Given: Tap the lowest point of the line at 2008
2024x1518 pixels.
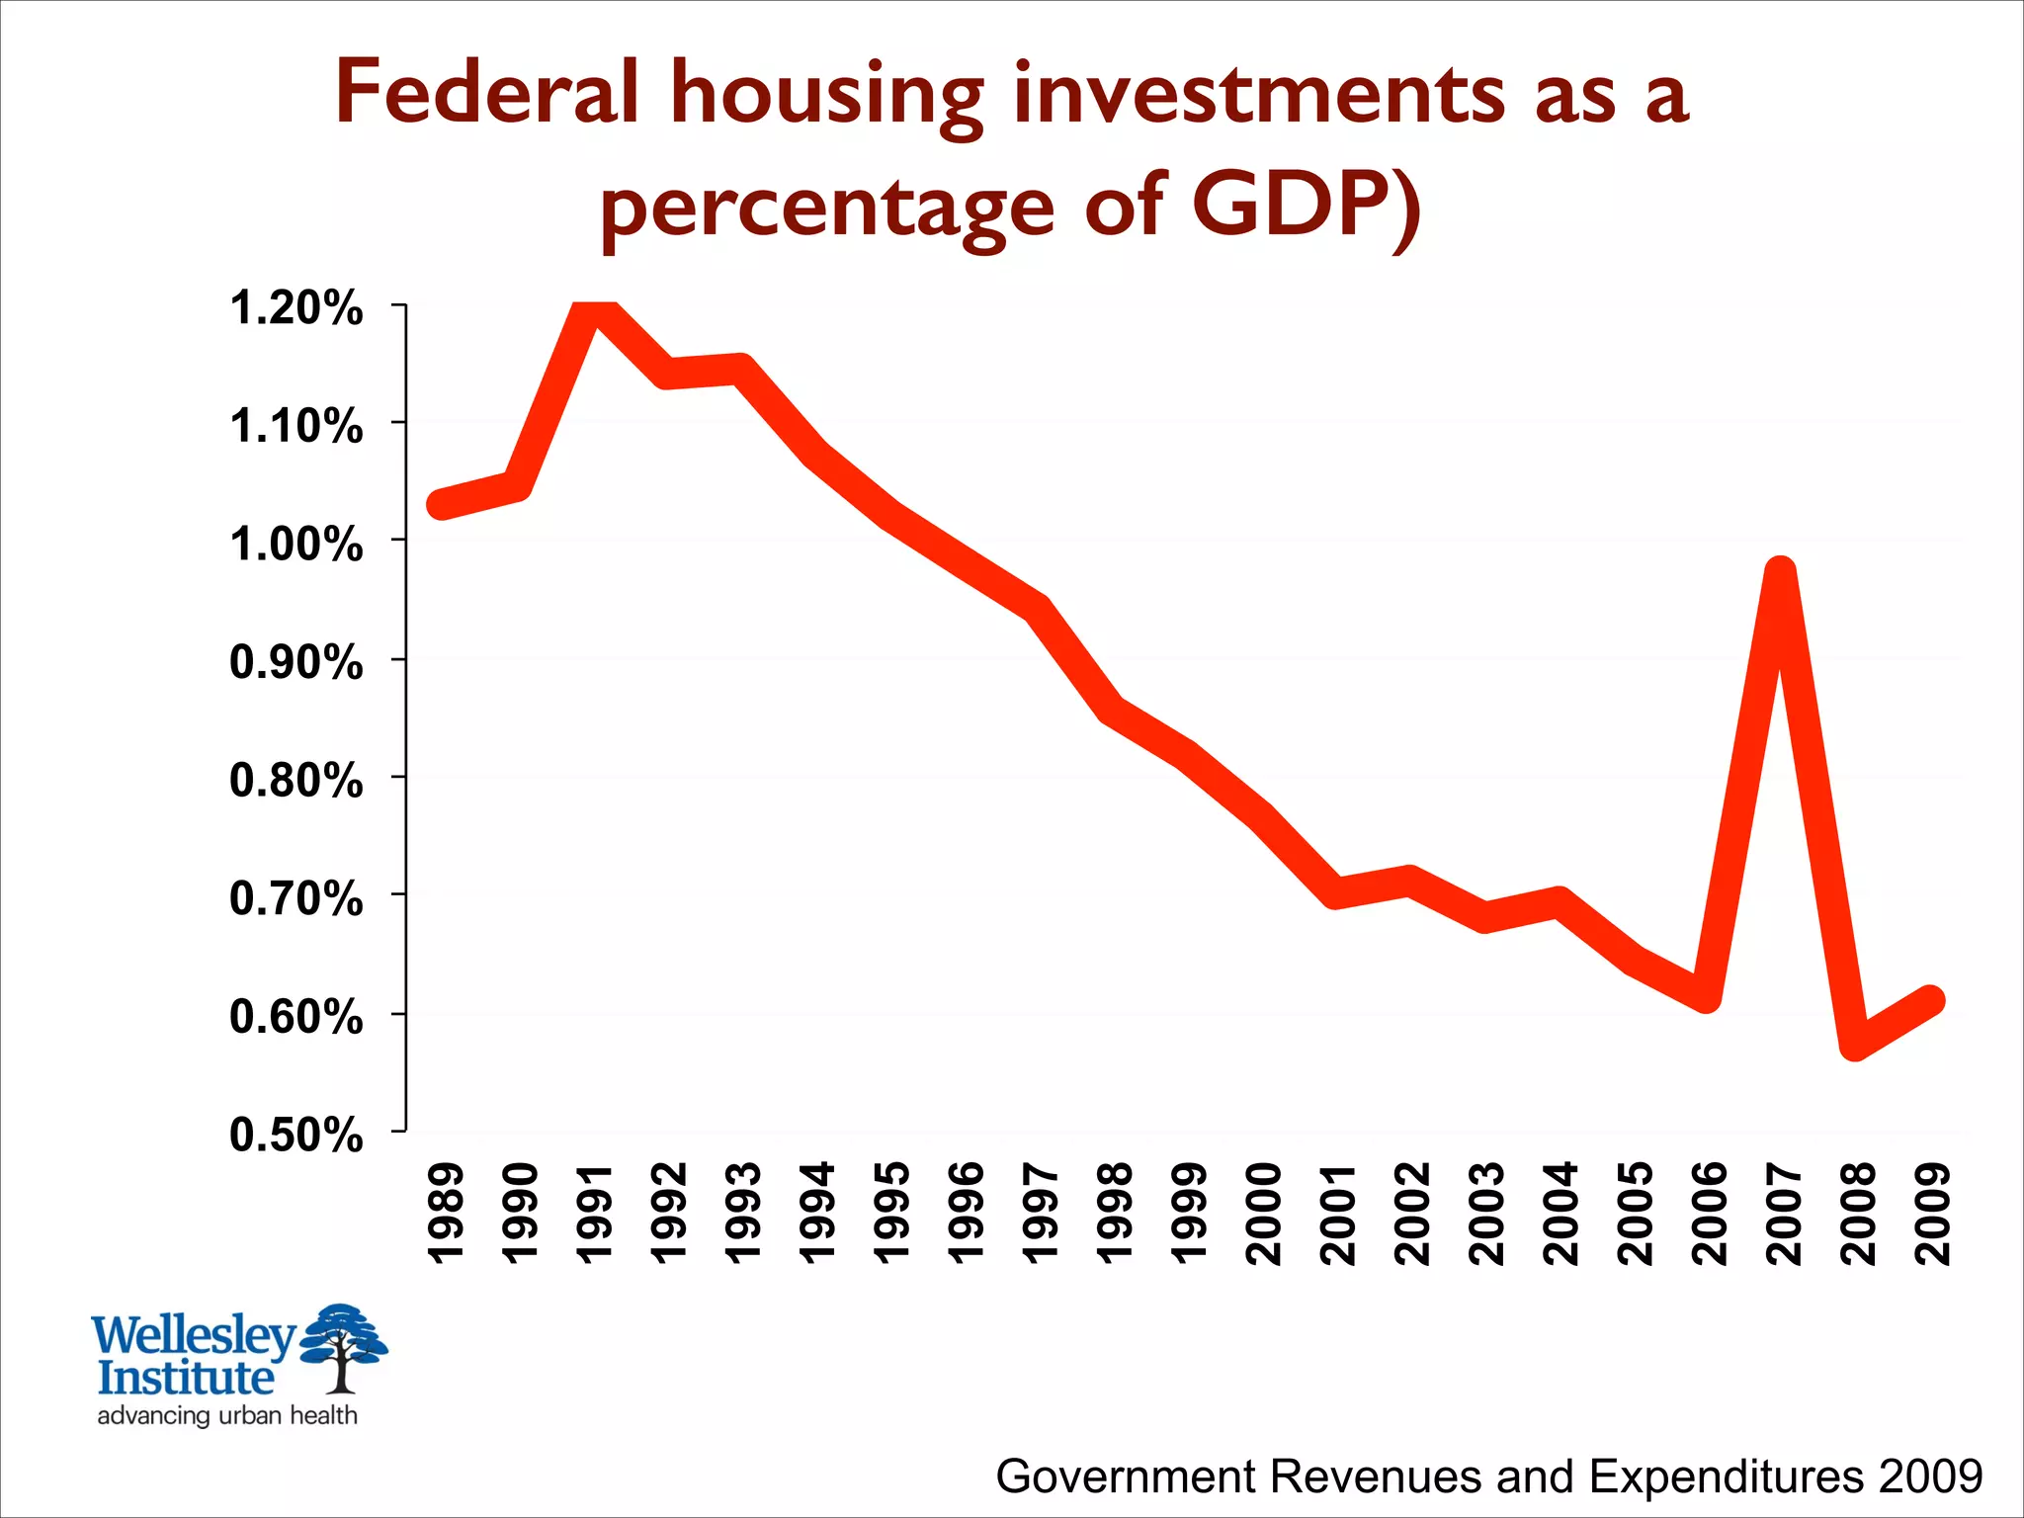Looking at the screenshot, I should click(1855, 1042).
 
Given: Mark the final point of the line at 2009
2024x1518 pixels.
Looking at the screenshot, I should click(1930, 1000).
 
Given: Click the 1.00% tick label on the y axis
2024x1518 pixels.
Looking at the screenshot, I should click(295, 545).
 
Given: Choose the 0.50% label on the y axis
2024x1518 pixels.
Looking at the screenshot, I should click(295, 1135).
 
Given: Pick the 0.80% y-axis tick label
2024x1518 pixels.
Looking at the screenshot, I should click(295, 781).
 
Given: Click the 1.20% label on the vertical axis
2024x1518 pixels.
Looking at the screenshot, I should click(295, 308).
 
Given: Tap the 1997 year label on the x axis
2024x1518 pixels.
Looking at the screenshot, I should click(1040, 1214).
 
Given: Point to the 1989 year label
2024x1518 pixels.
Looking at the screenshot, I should click(445, 1214).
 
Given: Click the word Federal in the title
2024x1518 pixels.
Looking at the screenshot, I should click(487, 93).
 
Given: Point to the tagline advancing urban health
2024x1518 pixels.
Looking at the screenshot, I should click(227, 1415).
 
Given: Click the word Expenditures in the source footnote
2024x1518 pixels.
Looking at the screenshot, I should click(1728, 1476).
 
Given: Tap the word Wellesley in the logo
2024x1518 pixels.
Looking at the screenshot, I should click(194, 1335).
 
